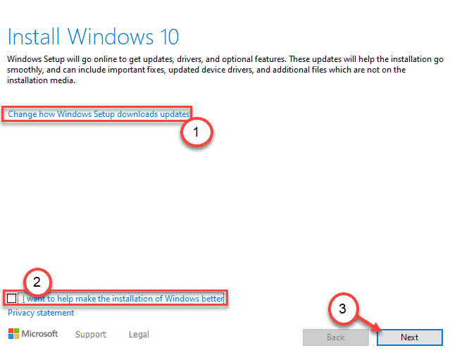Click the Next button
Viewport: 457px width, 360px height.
(x=410, y=337)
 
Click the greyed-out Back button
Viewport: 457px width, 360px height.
(x=335, y=337)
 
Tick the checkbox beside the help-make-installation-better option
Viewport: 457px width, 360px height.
(x=12, y=298)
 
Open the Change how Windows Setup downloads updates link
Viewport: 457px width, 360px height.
(x=99, y=114)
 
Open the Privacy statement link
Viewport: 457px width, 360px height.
(x=41, y=313)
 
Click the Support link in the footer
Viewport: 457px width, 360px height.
(x=91, y=334)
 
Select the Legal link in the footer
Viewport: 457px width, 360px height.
(x=139, y=334)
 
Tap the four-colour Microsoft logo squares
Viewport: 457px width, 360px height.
(x=13, y=333)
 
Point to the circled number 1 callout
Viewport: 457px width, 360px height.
(x=196, y=132)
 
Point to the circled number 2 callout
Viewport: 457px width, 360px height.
(x=37, y=283)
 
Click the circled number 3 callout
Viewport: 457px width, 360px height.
(x=343, y=309)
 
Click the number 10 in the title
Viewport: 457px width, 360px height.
(x=169, y=37)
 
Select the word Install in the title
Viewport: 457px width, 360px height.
(x=34, y=37)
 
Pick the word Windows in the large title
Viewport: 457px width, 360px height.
(x=111, y=37)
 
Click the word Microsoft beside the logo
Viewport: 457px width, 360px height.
(x=39, y=333)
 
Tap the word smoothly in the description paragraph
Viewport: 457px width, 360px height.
(x=25, y=70)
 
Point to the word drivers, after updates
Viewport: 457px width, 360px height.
(x=189, y=59)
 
